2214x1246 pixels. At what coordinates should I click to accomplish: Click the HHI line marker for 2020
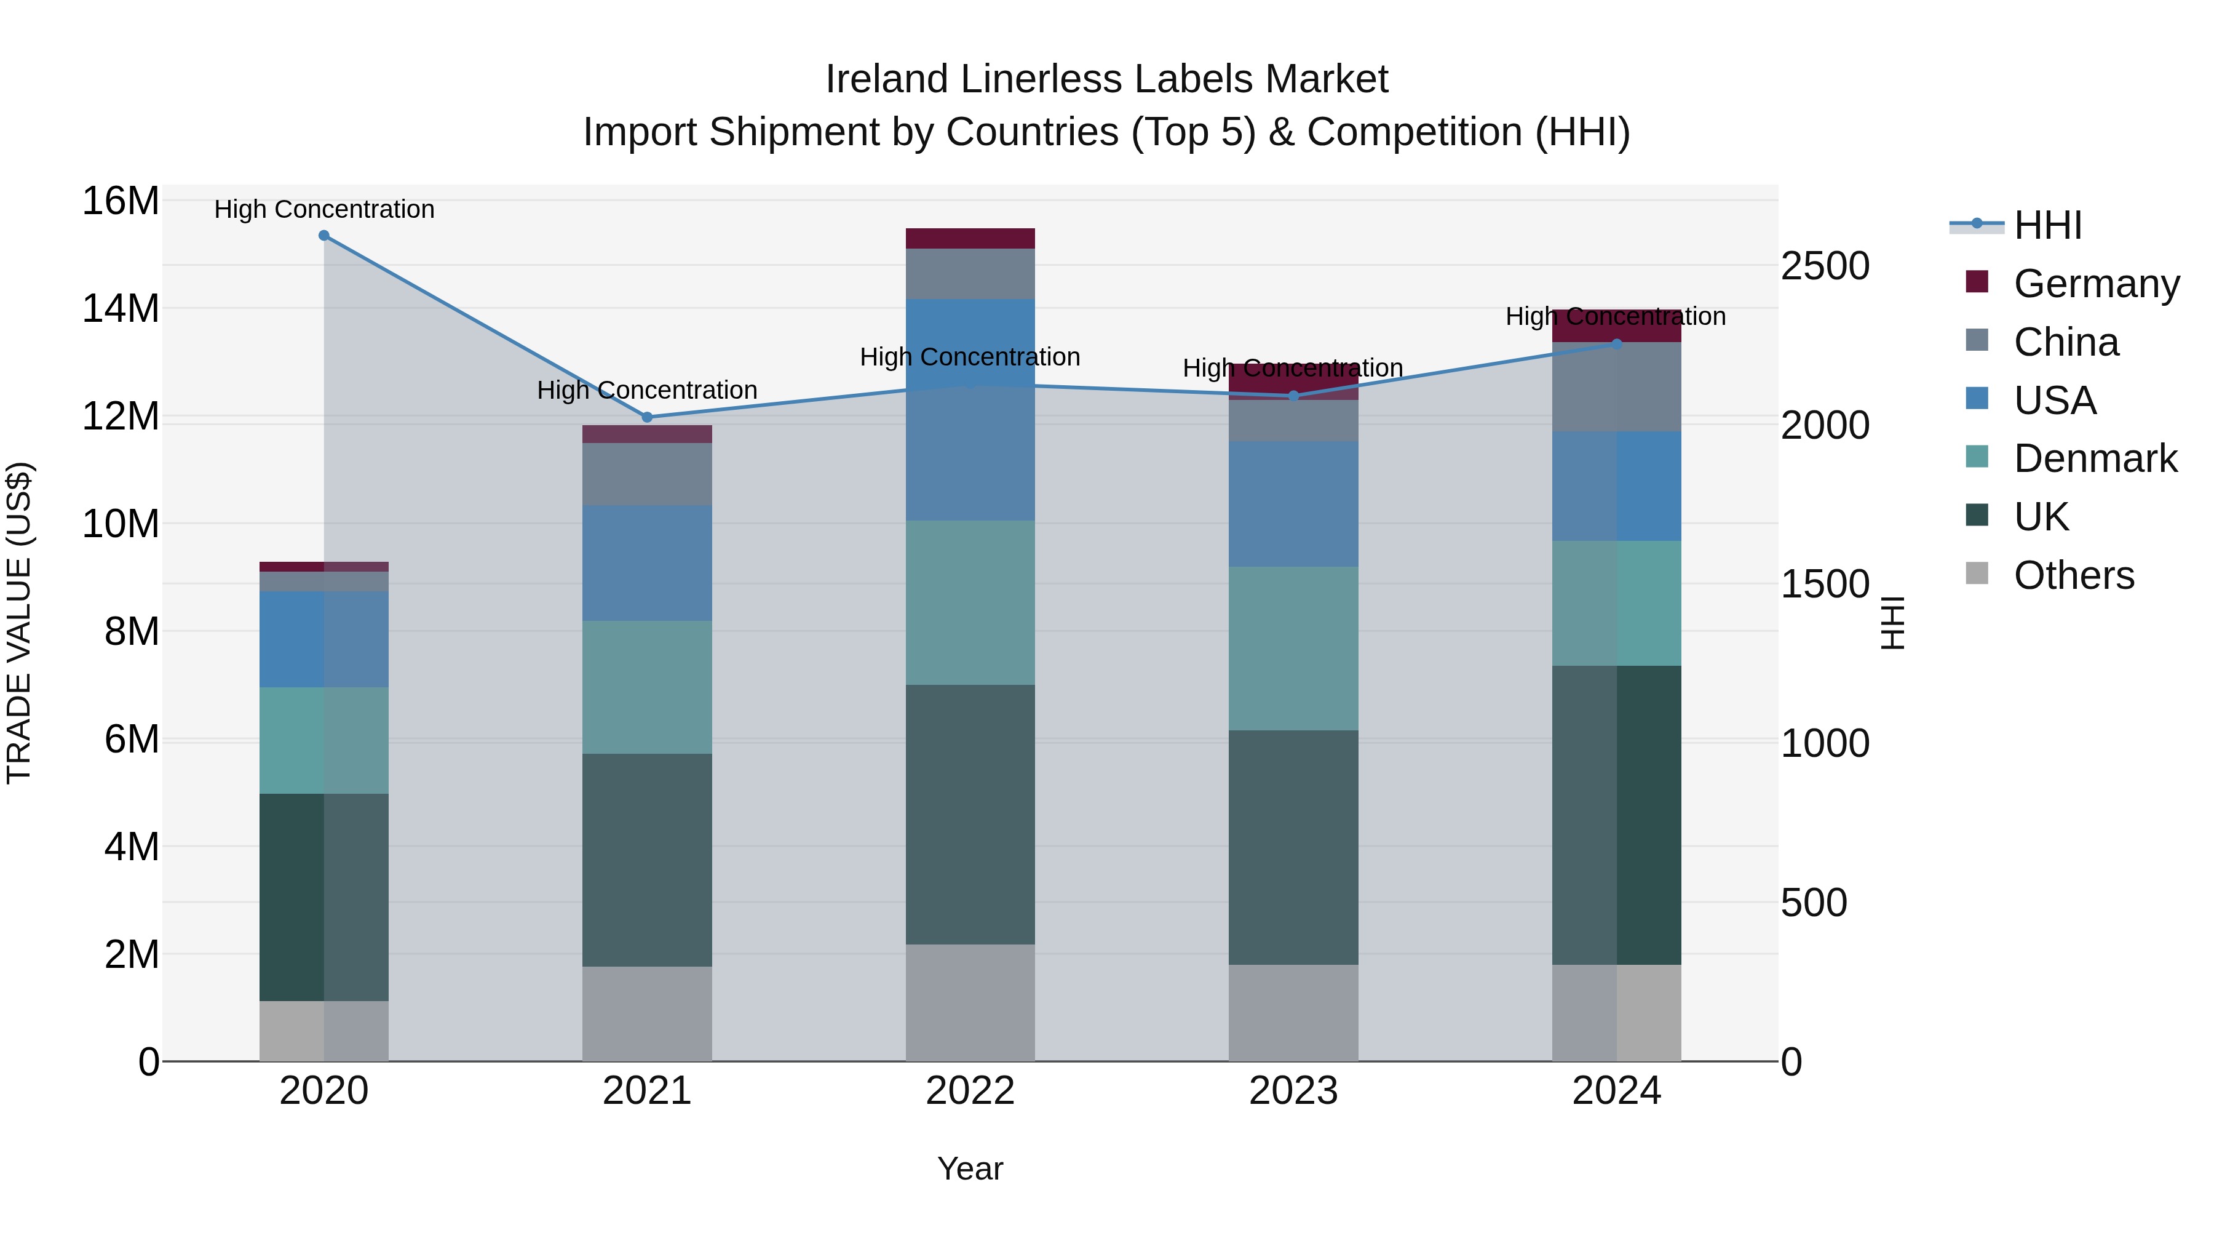[x=324, y=236]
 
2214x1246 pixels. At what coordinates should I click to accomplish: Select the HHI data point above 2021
[x=647, y=418]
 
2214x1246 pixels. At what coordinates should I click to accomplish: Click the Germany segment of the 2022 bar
[x=970, y=238]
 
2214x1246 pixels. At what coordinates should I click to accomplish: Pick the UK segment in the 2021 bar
[x=647, y=860]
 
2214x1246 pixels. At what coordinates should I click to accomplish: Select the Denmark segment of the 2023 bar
[x=1293, y=649]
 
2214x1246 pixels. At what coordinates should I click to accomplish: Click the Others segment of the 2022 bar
[x=970, y=1003]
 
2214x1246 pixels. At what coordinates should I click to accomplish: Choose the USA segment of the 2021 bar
[x=647, y=563]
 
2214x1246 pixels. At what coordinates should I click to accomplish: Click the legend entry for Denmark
[x=2095, y=458]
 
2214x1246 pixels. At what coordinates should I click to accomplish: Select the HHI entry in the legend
[x=2047, y=225]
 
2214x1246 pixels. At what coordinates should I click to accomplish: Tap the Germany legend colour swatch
[x=1977, y=282]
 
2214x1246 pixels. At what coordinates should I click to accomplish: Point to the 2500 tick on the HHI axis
[x=1825, y=266]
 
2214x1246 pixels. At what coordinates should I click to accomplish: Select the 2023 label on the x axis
[x=1293, y=1091]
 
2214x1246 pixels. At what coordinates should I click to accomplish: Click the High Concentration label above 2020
[x=324, y=209]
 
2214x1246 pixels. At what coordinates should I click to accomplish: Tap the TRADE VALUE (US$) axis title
[x=19, y=623]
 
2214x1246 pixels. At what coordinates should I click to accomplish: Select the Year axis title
[x=970, y=1168]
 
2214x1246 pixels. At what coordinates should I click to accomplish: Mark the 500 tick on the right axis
[x=1814, y=903]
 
